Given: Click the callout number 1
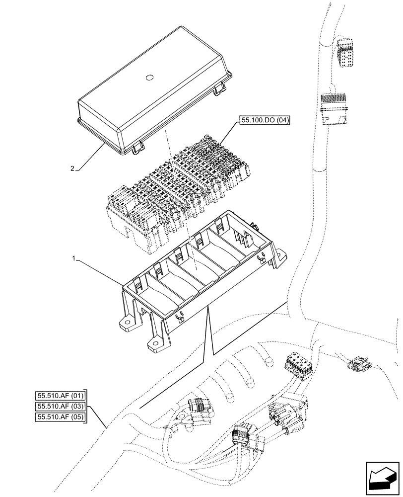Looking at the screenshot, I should click(73, 259).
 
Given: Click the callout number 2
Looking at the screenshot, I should click(72, 168).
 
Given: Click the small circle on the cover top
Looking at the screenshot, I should click(149, 77).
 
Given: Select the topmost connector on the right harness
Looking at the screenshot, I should click(344, 52).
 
